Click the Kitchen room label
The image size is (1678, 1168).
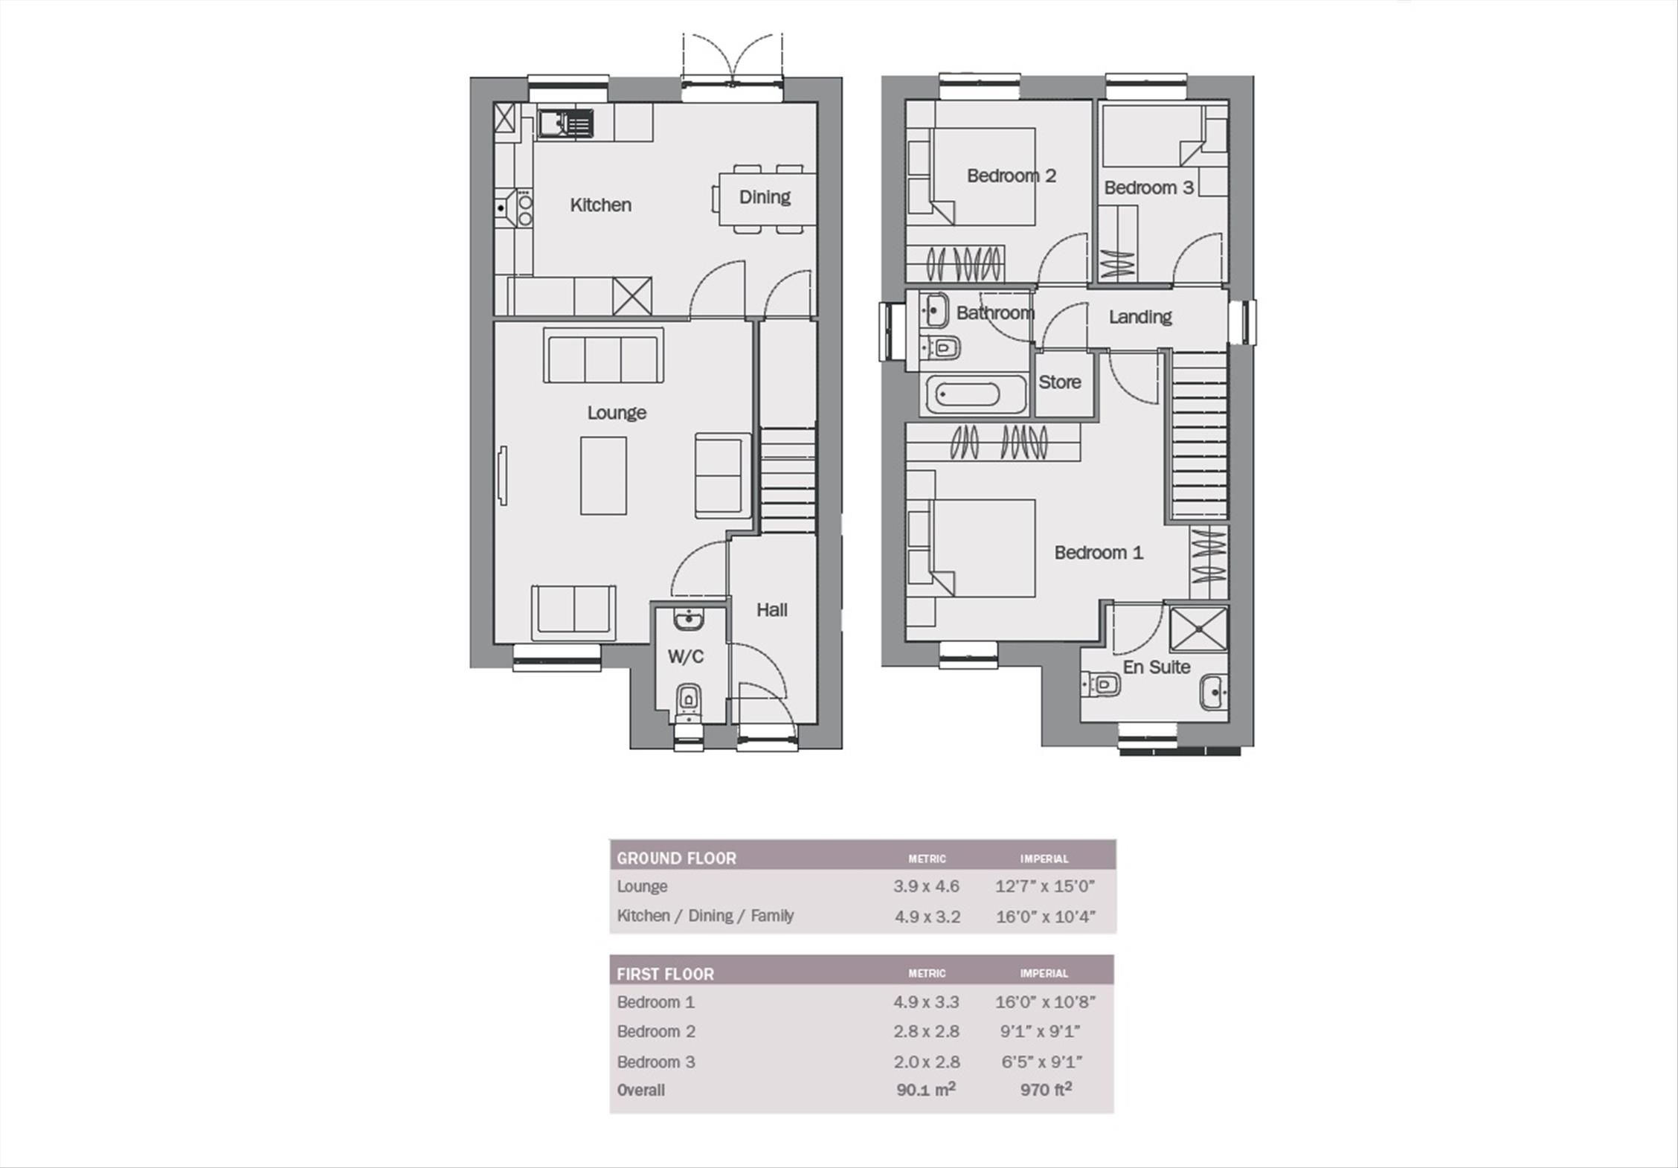pos(600,205)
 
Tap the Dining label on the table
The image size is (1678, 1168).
pos(765,197)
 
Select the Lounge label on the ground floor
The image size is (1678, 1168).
pos(617,413)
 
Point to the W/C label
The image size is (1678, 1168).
pos(685,657)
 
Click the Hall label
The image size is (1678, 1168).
pos(771,610)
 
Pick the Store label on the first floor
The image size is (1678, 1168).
pos(1059,382)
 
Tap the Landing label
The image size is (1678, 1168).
pos(1140,317)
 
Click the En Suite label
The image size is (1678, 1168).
pos(1156,667)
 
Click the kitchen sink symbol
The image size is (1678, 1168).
pos(566,123)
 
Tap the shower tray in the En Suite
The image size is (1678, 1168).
pos(1198,629)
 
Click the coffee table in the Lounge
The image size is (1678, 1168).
pos(603,475)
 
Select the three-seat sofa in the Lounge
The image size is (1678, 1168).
pos(603,356)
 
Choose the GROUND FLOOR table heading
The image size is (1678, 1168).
pos(676,859)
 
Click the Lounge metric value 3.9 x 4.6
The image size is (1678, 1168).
pos(926,887)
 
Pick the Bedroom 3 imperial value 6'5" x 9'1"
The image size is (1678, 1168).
pos(1041,1062)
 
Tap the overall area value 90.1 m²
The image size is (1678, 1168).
pos(925,1090)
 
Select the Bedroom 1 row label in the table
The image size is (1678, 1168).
pos(655,1002)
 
